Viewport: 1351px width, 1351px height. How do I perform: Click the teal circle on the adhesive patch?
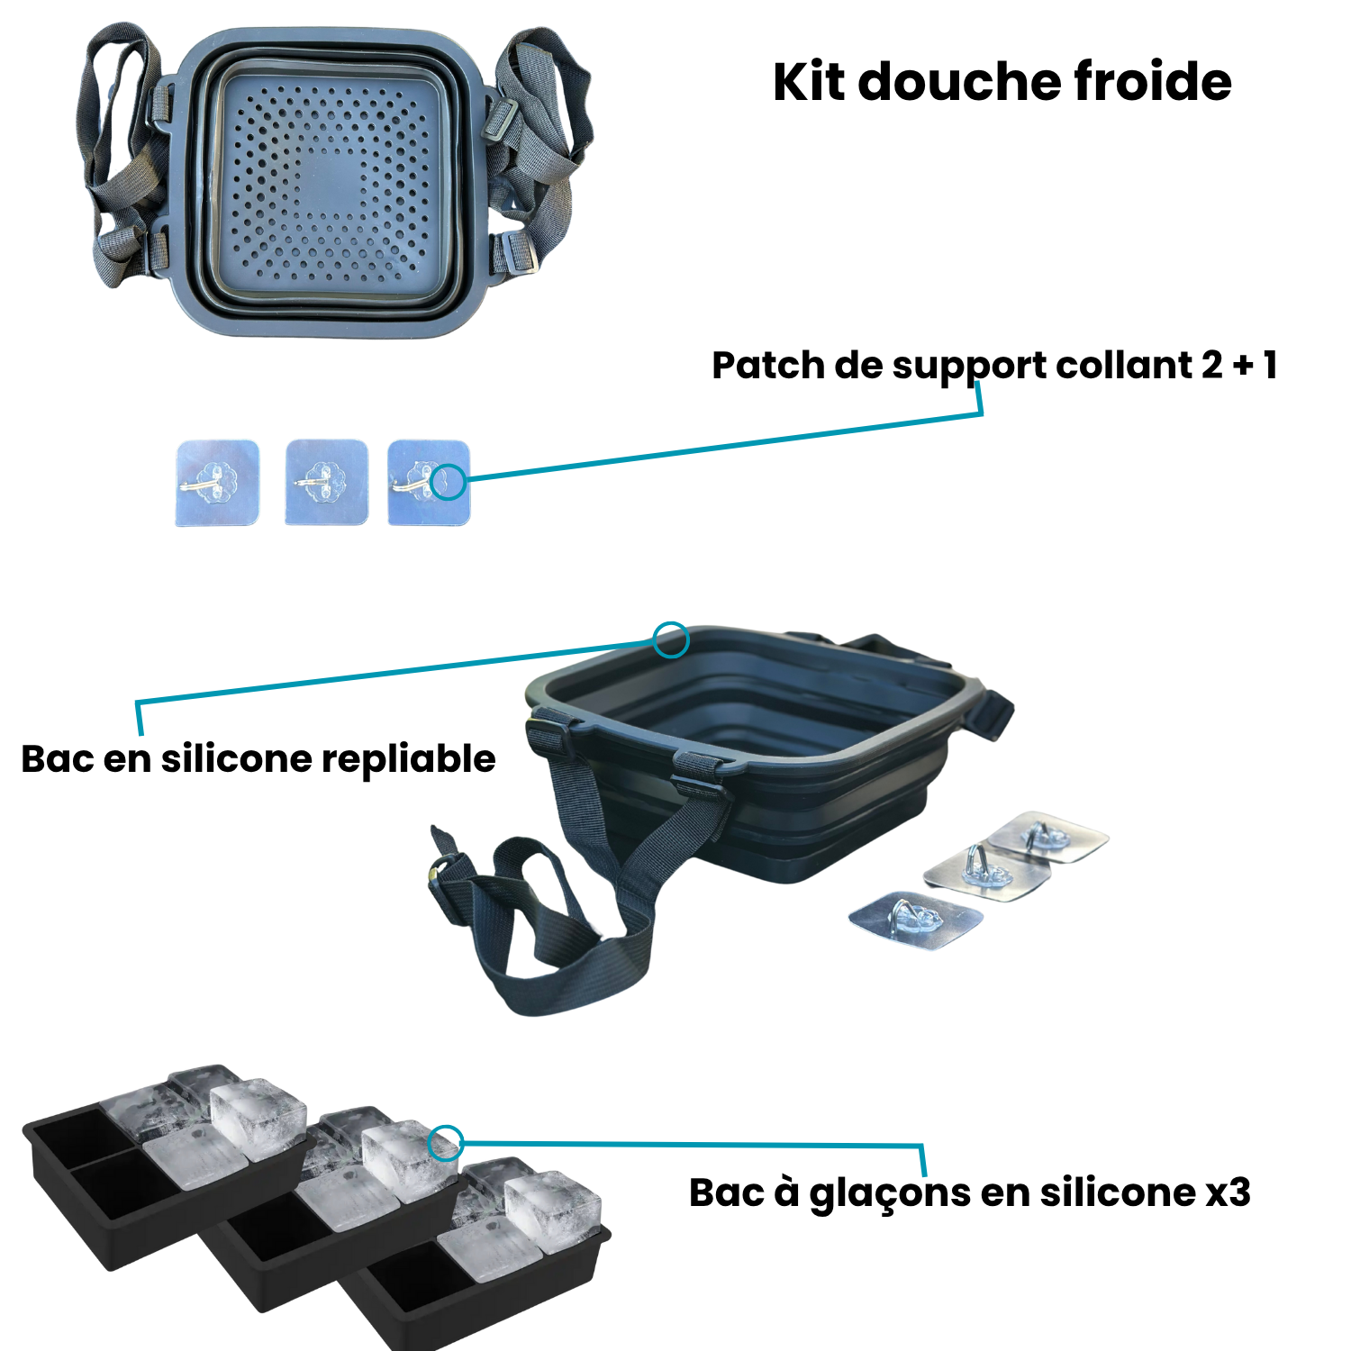[449, 482]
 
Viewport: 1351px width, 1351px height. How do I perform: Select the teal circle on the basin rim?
[671, 640]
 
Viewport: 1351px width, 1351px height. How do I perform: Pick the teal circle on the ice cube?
[444, 1143]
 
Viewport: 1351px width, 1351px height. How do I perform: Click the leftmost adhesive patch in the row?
[217, 482]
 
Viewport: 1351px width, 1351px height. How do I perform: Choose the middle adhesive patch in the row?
[326, 482]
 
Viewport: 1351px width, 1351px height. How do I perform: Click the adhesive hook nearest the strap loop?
[914, 920]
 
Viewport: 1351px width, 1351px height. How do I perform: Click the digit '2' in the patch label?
[1212, 366]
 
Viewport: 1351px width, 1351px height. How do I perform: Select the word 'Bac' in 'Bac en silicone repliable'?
[57, 759]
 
